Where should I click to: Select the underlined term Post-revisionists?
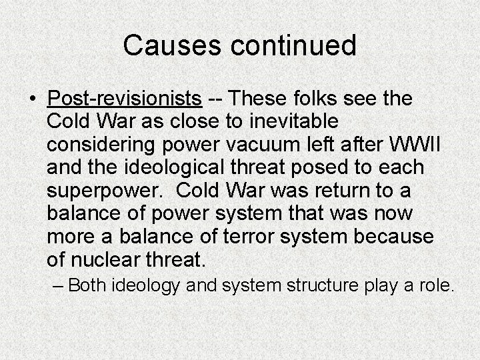click(x=125, y=99)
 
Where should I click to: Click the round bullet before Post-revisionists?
click(x=32, y=99)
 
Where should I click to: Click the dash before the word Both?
click(x=59, y=286)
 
